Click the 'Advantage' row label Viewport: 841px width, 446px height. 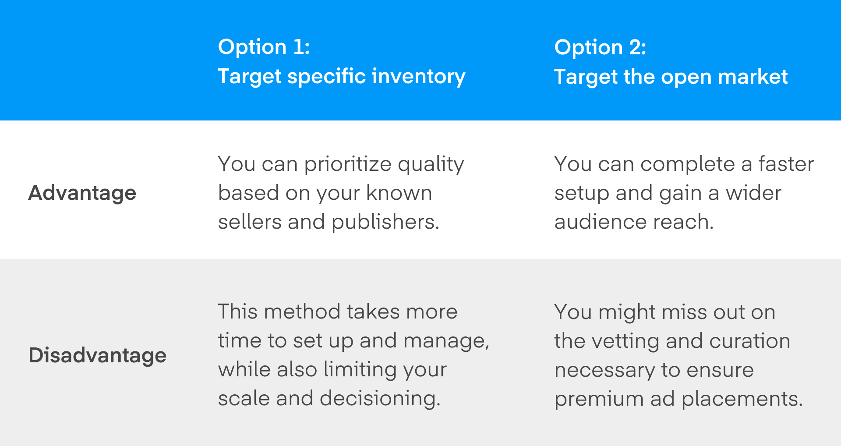[82, 193]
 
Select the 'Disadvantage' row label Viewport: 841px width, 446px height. [98, 355]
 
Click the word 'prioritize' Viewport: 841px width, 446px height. [348, 165]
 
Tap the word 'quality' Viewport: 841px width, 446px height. [431, 165]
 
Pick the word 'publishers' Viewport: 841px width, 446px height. [385, 222]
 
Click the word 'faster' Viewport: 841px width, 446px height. [786, 164]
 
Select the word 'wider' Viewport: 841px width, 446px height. [753, 193]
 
